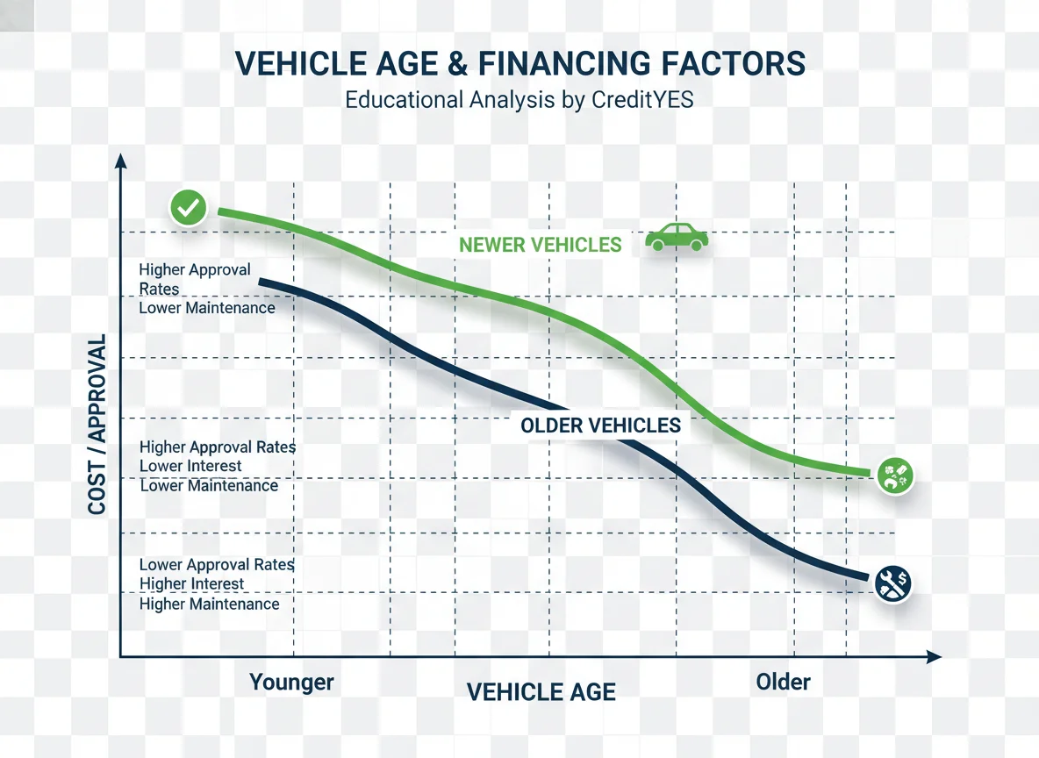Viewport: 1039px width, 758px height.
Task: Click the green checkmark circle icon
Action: [188, 208]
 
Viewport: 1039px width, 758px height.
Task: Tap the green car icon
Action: [677, 237]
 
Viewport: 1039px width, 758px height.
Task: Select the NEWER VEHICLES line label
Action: [540, 245]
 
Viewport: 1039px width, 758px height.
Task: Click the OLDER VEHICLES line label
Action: [600, 426]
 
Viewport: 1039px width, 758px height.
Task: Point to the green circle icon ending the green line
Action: [896, 476]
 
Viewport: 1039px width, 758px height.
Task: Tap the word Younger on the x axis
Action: [291, 683]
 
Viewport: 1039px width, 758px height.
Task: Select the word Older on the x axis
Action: [783, 682]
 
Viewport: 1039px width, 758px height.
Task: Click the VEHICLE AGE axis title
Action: [541, 692]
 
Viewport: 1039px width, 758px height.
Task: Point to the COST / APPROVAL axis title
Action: [97, 424]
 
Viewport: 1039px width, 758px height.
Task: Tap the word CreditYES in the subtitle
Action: [643, 99]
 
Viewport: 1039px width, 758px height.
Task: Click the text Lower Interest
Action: [190, 466]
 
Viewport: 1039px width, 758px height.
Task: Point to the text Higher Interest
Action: [192, 584]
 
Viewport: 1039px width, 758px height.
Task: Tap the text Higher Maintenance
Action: [209, 604]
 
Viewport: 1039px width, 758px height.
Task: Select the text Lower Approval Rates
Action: [217, 565]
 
